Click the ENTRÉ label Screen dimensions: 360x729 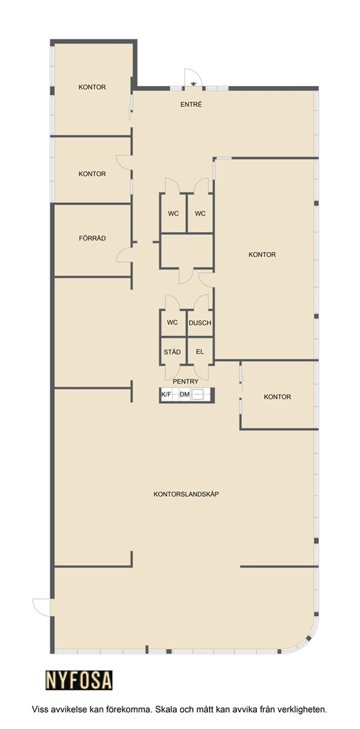191,105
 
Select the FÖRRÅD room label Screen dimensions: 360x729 92,238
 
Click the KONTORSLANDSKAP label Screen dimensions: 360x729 186,494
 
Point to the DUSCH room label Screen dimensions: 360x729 200,322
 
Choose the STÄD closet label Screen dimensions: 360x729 172,352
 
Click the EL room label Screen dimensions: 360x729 200,352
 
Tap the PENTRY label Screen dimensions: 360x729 186,382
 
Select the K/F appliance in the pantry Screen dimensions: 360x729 166,394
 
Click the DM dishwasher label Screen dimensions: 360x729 184,394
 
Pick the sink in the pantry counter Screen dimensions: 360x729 200,394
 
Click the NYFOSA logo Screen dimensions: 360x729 79,680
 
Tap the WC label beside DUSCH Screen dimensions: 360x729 172,322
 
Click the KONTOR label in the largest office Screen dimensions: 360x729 262,255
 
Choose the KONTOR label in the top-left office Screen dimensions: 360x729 92,87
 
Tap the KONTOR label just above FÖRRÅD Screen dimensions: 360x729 92,174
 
